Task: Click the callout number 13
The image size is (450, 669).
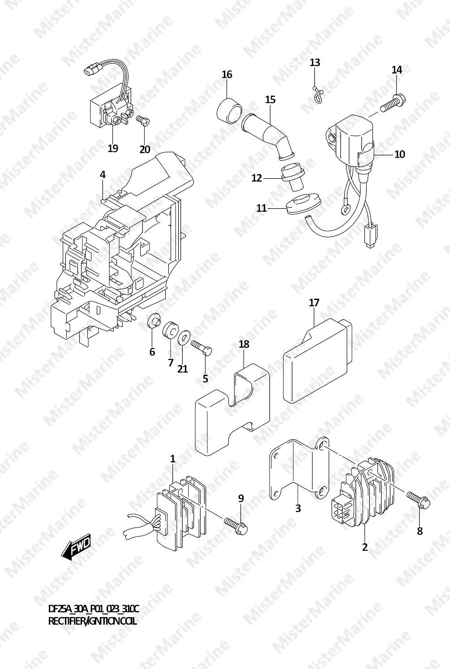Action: tap(315, 62)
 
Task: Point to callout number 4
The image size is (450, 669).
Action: tap(103, 175)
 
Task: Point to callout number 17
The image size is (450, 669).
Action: tap(314, 303)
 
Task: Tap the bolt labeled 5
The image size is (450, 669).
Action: tap(201, 347)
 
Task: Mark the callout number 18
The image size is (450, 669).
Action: tap(244, 344)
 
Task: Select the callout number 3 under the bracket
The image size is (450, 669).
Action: tap(298, 508)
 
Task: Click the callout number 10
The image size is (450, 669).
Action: tap(399, 154)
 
